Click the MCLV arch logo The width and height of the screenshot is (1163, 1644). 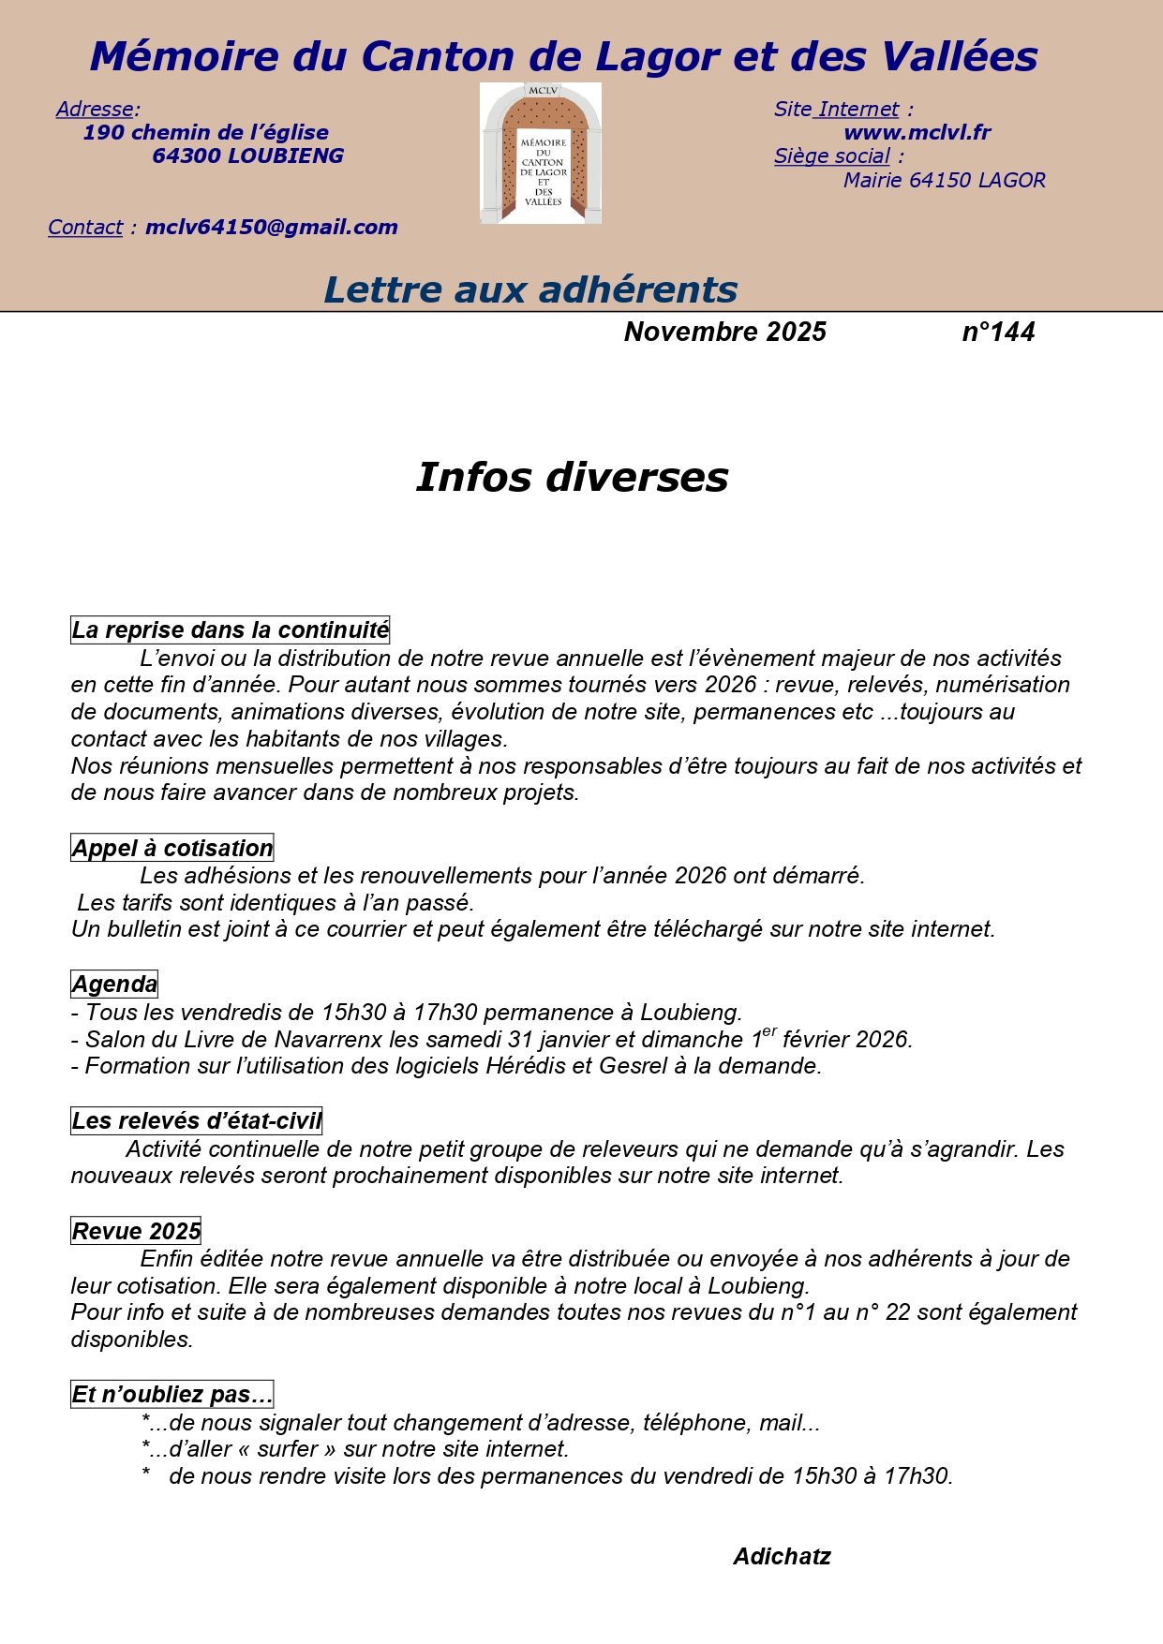coord(541,154)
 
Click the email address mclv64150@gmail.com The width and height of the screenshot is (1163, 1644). coord(271,228)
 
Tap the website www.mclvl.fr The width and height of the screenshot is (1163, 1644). coord(917,133)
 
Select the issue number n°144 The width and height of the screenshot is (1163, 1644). coord(998,333)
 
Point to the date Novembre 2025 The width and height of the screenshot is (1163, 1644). coord(724,333)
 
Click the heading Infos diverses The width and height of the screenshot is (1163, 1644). coord(572,478)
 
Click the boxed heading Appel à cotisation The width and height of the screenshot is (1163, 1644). coord(172,849)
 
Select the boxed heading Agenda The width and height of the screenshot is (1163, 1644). coord(114,985)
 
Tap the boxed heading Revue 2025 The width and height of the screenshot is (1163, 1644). coord(137,1232)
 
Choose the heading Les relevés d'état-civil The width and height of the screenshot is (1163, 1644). coord(197,1121)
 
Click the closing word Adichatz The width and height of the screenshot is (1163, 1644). coord(782,1557)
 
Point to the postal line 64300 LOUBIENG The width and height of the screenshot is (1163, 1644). coord(247,156)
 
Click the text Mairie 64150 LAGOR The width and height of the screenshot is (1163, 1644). coord(944,181)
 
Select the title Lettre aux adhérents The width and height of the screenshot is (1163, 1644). coord(530,290)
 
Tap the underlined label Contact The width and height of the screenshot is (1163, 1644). coord(85,228)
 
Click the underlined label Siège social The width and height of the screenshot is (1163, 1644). coord(831,156)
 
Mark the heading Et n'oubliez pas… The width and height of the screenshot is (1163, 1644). coord(172,1396)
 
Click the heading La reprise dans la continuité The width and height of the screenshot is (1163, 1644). coord(230,630)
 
